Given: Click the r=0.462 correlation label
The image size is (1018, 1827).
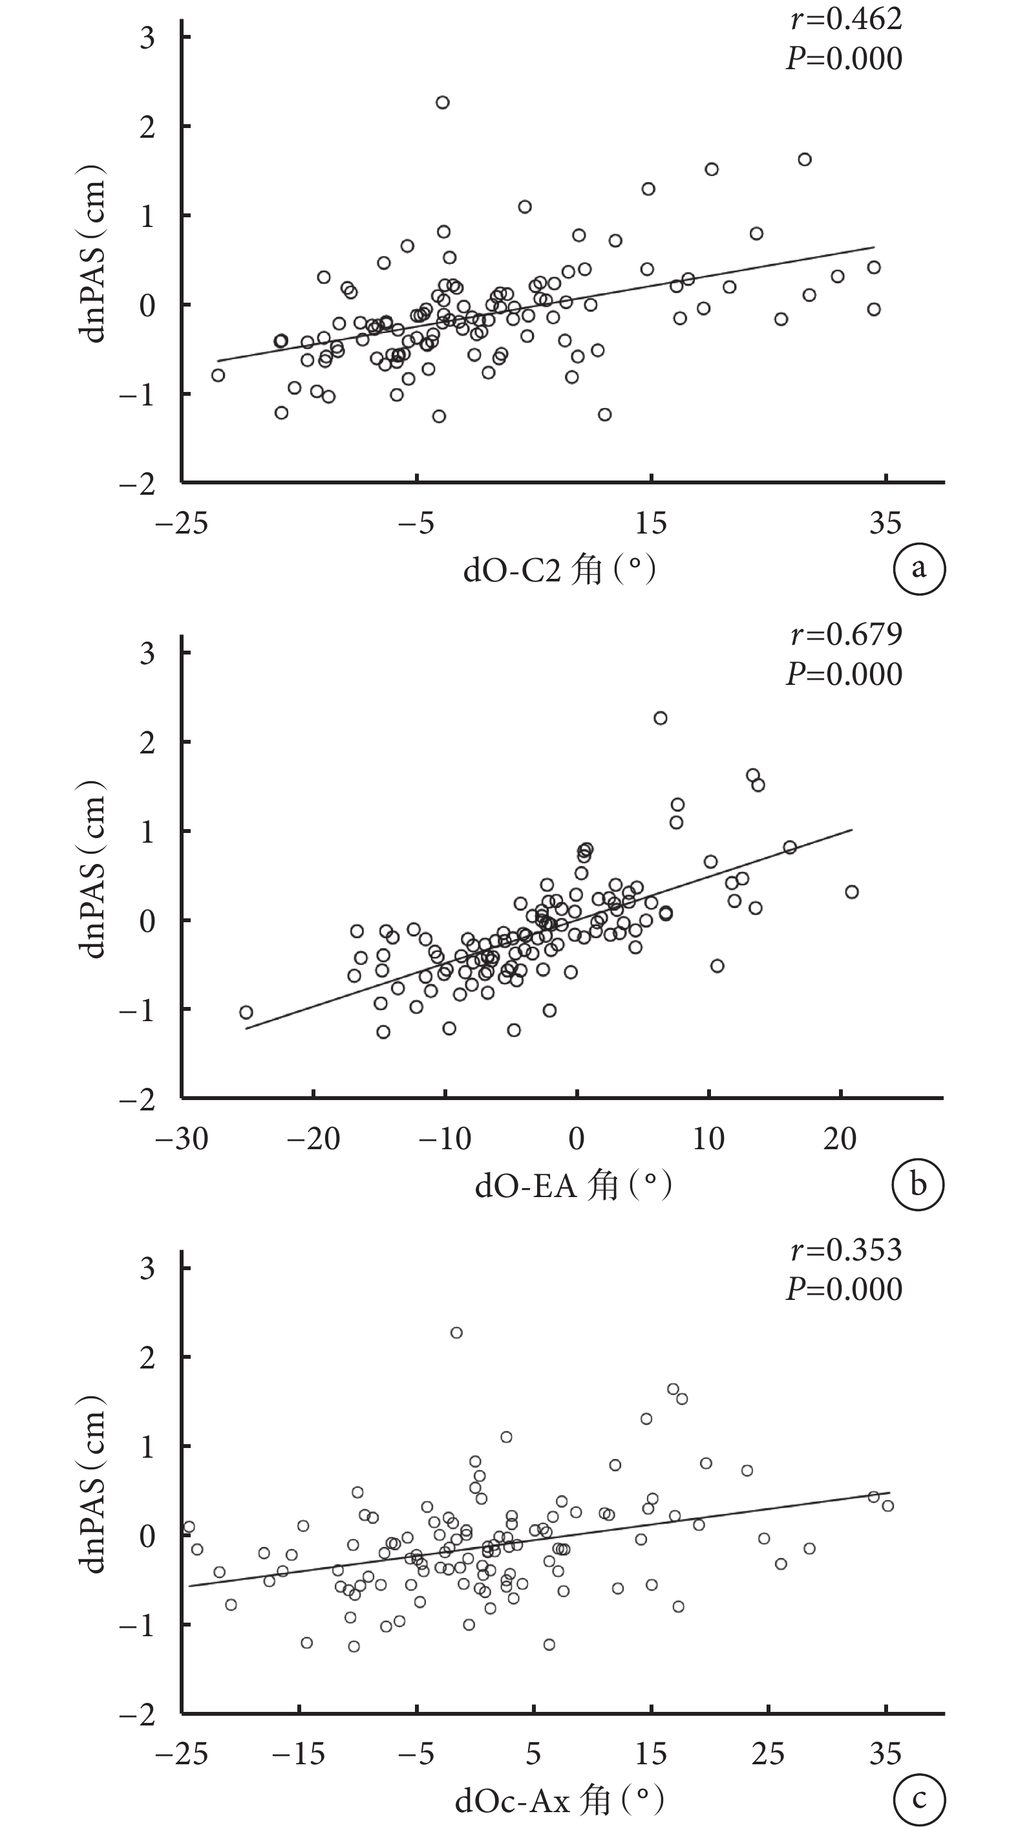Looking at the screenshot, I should (x=845, y=19).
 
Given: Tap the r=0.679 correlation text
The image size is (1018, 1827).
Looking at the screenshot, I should (x=845, y=634).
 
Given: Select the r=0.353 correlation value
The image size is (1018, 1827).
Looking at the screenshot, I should (x=845, y=1249).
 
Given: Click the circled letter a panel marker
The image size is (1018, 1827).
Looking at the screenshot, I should (x=918, y=568).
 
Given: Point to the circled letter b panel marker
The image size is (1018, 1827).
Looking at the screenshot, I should (x=918, y=1184).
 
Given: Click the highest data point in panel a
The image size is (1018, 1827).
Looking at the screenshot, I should (x=442, y=103).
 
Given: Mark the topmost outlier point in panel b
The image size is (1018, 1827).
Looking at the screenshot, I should (x=660, y=719).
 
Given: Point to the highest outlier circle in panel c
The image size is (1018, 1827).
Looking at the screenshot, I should (x=456, y=1333).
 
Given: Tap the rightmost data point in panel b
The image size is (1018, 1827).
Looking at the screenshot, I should (x=852, y=892).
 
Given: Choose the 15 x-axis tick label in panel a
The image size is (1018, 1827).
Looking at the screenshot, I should (x=650, y=523).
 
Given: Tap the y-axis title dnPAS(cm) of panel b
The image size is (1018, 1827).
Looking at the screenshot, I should (x=93, y=868).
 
